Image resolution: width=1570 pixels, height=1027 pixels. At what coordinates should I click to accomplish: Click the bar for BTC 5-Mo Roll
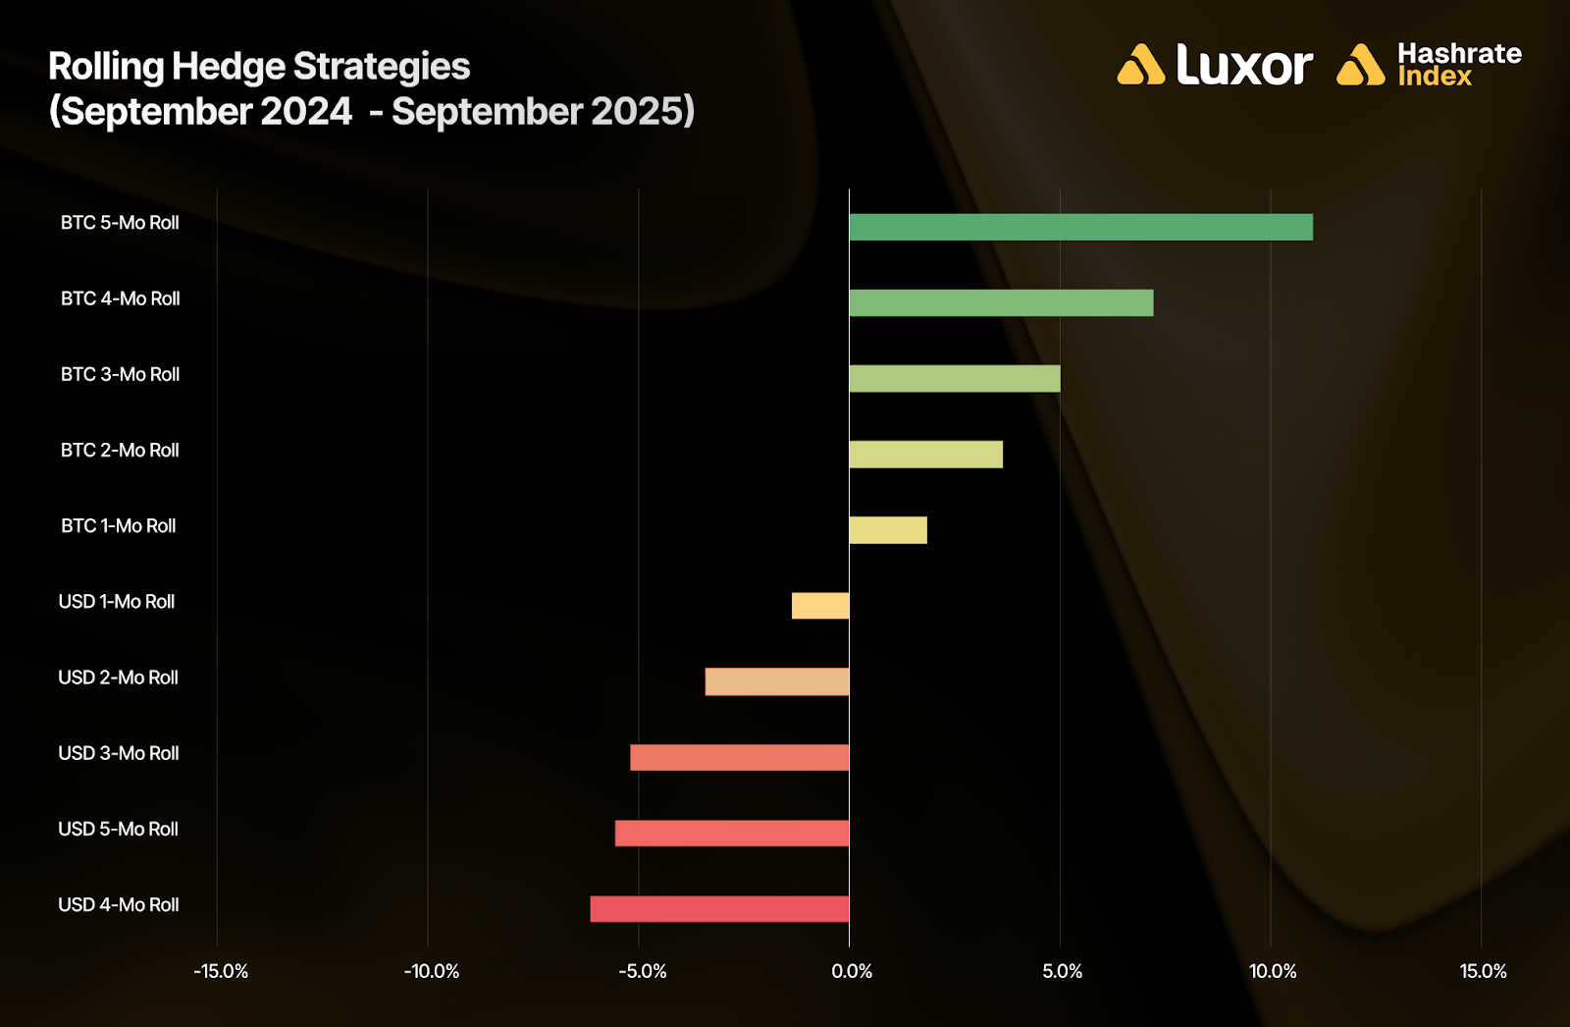(x=1080, y=227)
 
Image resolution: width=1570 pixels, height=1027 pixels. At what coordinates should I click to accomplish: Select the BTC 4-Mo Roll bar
(x=1001, y=302)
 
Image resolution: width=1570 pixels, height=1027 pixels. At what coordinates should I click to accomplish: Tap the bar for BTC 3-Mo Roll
(x=954, y=378)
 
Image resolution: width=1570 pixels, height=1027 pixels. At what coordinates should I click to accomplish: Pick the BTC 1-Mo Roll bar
(x=887, y=530)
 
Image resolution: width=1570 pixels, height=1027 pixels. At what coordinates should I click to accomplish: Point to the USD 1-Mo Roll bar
(x=820, y=606)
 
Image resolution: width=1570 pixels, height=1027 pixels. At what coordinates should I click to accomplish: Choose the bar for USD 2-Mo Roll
(x=777, y=681)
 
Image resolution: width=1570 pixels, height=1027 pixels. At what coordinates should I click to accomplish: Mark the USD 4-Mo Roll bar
(x=719, y=909)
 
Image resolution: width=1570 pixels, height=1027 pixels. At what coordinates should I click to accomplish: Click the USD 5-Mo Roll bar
(x=732, y=833)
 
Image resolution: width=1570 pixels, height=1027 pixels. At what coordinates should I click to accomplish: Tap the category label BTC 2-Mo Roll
(x=120, y=451)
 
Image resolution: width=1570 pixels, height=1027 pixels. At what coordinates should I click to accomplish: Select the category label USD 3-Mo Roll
(x=119, y=754)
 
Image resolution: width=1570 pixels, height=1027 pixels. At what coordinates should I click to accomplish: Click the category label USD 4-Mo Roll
(x=119, y=905)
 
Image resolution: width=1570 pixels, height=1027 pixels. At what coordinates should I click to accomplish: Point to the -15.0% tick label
(x=221, y=972)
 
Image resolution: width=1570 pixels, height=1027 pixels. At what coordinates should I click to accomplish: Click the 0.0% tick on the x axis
(x=852, y=972)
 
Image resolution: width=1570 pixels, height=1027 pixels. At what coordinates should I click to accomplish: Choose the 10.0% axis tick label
(x=1273, y=972)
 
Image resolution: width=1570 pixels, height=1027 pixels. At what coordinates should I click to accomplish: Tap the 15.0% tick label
(x=1483, y=972)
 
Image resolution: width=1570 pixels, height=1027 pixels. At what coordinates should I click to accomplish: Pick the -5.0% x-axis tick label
(x=643, y=972)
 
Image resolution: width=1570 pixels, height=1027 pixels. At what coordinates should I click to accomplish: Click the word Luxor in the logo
(x=1243, y=66)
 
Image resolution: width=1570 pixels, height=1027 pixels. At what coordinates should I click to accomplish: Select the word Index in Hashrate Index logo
(x=1435, y=78)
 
